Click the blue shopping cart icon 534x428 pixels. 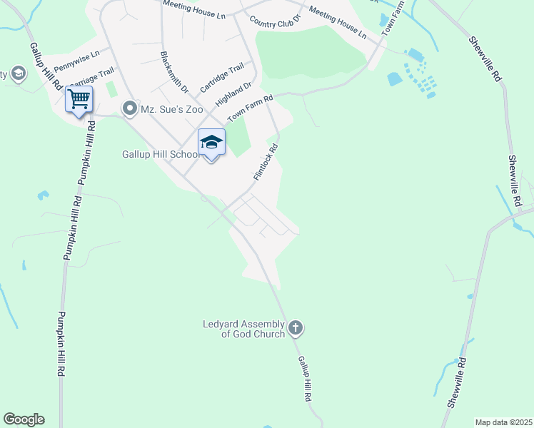(x=79, y=98)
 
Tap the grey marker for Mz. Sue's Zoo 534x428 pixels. (x=129, y=109)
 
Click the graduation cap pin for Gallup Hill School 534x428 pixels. (x=211, y=142)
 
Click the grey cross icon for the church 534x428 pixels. (x=296, y=329)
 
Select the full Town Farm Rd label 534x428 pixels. (x=250, y=108)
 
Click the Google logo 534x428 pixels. (x=24, y=419)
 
